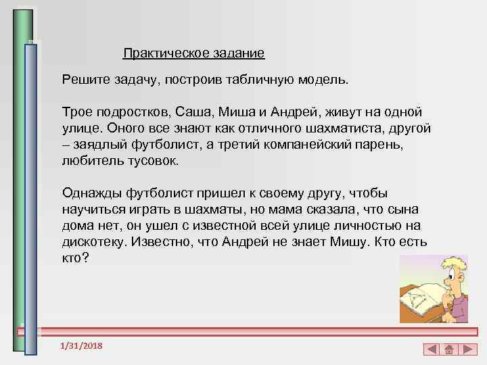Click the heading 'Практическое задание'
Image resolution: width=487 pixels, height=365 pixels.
point(193,52)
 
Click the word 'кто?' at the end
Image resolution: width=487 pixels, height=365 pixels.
point(75,258)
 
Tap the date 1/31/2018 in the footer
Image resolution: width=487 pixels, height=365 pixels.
point(81,346)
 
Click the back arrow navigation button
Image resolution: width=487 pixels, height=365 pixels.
point(432,349)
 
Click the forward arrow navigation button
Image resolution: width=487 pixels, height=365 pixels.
point(466,349)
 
